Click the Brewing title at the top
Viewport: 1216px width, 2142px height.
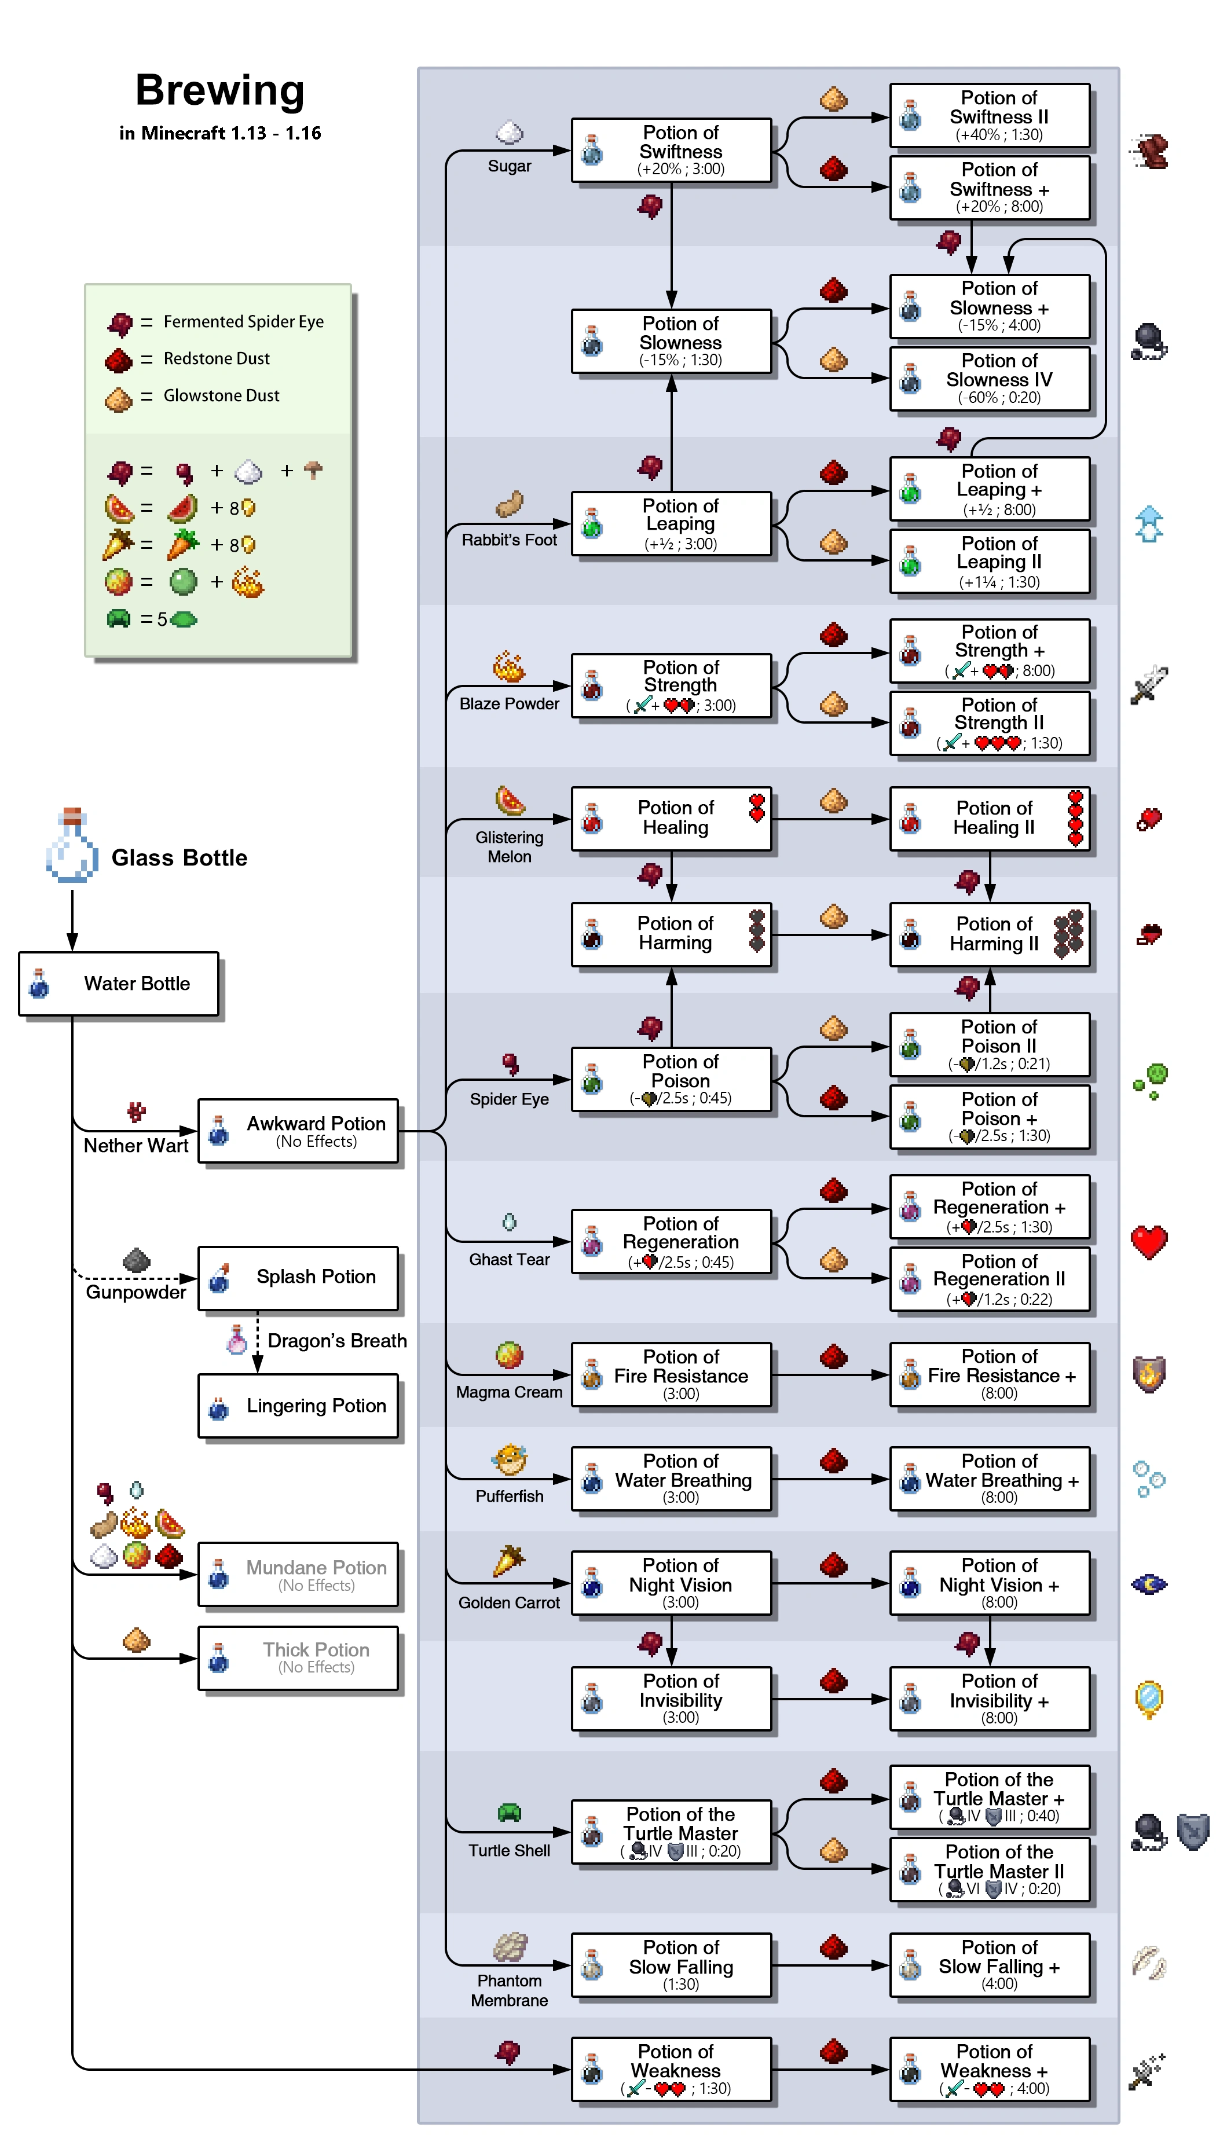pyautogui.click(x=219, y=90)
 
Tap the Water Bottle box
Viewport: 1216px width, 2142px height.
pyautogui.click(x=119, y=984)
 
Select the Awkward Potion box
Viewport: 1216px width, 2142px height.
pyautogui.click(x=298, y=1131)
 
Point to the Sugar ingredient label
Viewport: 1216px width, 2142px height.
pyautogui.click(x=510, y=166)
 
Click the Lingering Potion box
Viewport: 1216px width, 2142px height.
pyautogui.click(x=298, y=1406)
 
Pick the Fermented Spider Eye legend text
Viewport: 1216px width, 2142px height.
pyautogui.click(x=243, y=321)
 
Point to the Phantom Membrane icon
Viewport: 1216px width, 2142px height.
pyautogui.click(x=510, y=1947)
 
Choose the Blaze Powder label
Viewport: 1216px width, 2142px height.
pyautogui.click(x=510, y=704)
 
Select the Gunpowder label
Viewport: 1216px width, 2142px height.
pyautogui.click(x=136, y=1292)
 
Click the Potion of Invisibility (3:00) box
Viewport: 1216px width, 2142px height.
pyautogui.click(x=672, y=1698)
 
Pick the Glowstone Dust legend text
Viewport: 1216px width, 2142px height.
pyautogui.click(x=221, y=395)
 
